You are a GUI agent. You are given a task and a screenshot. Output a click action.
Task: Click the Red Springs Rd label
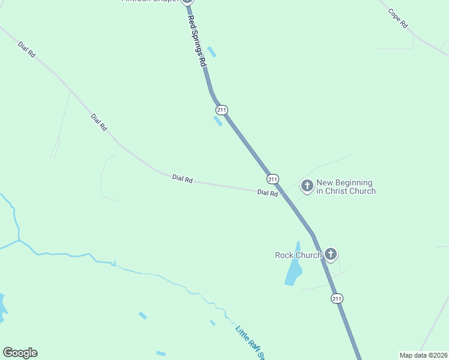[197, 41]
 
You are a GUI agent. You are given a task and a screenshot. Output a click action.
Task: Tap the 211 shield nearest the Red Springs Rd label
[221, 110]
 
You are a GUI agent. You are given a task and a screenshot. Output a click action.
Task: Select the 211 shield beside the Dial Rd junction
[273, 179]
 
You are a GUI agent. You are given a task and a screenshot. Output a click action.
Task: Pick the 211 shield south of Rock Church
[337, 298]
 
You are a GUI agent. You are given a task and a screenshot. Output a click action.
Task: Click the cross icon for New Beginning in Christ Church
[307, 187]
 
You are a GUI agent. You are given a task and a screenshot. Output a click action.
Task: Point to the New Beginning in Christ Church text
[346, 187]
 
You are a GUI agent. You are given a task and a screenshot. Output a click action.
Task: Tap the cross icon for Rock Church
[331, 255]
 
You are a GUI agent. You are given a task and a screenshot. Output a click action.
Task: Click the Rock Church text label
[298, 255]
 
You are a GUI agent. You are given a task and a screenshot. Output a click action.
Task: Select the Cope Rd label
[398, 19]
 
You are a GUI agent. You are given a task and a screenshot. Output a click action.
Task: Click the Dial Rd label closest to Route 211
[267, 193]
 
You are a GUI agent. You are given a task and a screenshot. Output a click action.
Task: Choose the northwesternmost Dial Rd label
[28, 49]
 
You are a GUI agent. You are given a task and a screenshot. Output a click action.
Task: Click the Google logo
[20, 353]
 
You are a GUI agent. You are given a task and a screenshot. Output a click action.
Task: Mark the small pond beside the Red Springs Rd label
[211, 52]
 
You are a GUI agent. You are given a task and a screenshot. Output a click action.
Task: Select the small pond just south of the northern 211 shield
[218, 121]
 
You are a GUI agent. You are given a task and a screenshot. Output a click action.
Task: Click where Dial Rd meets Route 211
[283, 193]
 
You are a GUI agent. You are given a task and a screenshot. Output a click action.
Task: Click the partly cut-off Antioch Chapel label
[151, 1]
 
